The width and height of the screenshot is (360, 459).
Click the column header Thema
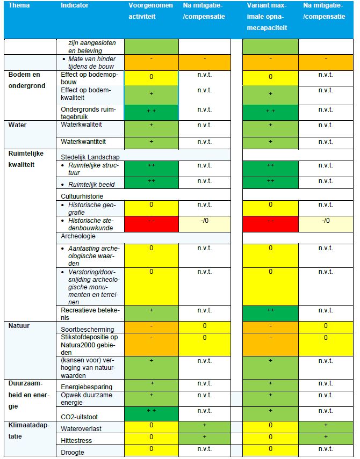pyautogui.click(x=19, y=5)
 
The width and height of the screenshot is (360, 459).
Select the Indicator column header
pyautogui.click(x=75, y=5)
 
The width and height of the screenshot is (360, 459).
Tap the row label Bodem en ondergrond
pyautogui.click(x=25, y=80)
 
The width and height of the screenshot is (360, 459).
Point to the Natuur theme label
pyautogui.click(x=19, y=325)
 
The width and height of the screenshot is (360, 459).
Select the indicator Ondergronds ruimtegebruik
pyautogui.click(x=89, y=113)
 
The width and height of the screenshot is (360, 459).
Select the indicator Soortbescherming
pyautogui.click(x=87, y=329)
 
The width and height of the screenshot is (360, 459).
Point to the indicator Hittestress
pyautogui.click(x=77, y=440)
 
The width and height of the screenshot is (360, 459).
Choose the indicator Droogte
pyautogui.click(x=74, y=453)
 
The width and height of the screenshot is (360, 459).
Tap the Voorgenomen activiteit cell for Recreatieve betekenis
pyautogui.click(x=151, y=313)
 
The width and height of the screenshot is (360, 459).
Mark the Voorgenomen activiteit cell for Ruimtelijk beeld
pyautogui.click(x=151, y=183)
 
